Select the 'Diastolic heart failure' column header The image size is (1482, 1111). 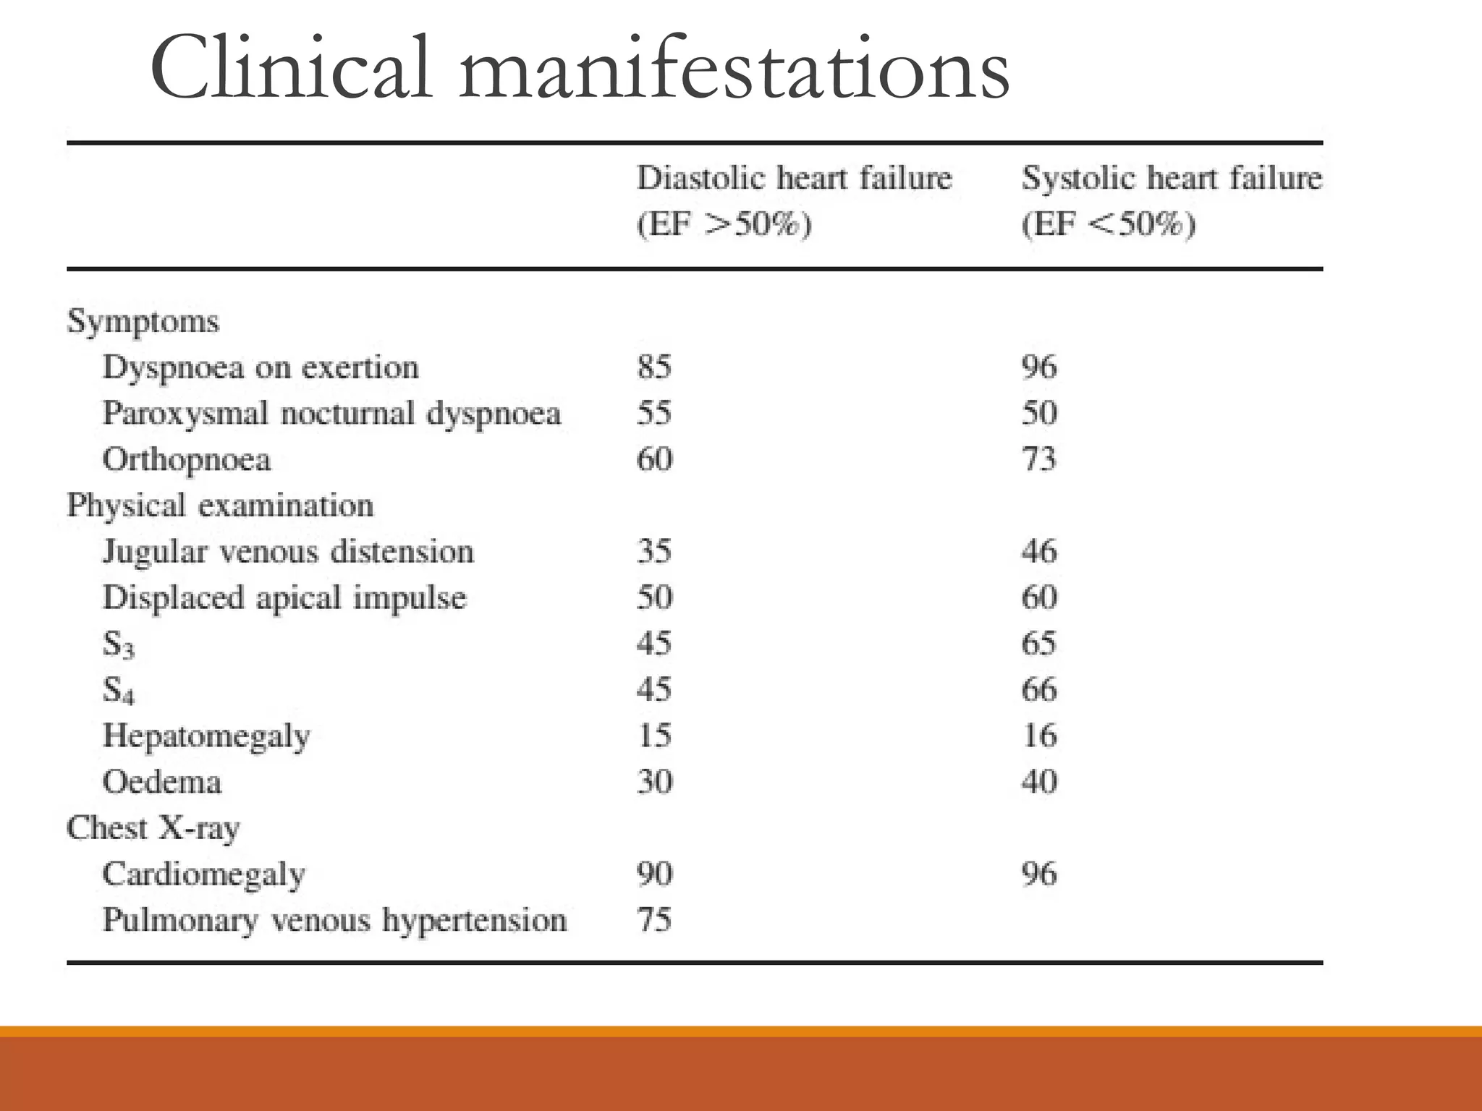tap(794, 178)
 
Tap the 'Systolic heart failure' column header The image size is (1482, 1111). tap(1171, 178)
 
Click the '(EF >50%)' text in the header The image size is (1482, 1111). tap(724, 224)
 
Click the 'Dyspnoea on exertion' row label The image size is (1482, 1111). tap(261, 368)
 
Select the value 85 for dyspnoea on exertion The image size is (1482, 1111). tap(654, 367)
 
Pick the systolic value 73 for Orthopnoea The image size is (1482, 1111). tap(1038, 460)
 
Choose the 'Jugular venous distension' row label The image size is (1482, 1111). tap(288, 553)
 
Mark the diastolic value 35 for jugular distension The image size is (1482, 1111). tap(654, 552)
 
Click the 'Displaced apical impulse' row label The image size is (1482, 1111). tap(284, 598)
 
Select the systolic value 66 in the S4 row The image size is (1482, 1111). tap(1038, 690)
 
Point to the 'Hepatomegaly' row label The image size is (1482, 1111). tap(206, 736)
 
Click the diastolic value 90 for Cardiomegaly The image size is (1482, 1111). tap(654, 874)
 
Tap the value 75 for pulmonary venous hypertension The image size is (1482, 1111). tap(654, 921)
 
